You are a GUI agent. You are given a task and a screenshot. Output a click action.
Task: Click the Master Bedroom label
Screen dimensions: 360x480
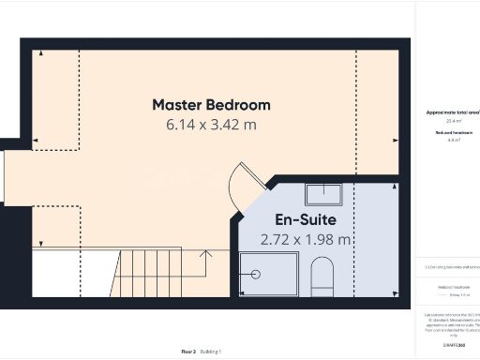[x=211, y=104]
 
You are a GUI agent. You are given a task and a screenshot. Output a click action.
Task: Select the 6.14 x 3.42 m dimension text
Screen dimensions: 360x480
[x=211, y=124]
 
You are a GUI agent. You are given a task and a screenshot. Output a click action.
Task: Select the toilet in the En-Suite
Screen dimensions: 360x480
[x=322, y=276]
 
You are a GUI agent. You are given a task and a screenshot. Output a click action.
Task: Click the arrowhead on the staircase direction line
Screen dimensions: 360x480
[x=208, y=251]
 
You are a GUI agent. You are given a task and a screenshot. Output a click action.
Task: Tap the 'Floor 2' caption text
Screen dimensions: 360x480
[x=187, y=352]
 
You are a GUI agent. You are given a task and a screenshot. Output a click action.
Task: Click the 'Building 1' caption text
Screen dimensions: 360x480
[x=211, y=352]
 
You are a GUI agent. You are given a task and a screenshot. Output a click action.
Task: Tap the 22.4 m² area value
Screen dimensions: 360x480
[x=451, y=121]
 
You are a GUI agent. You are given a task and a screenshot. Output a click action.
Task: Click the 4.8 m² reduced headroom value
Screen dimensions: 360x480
[x=451, y=140]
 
